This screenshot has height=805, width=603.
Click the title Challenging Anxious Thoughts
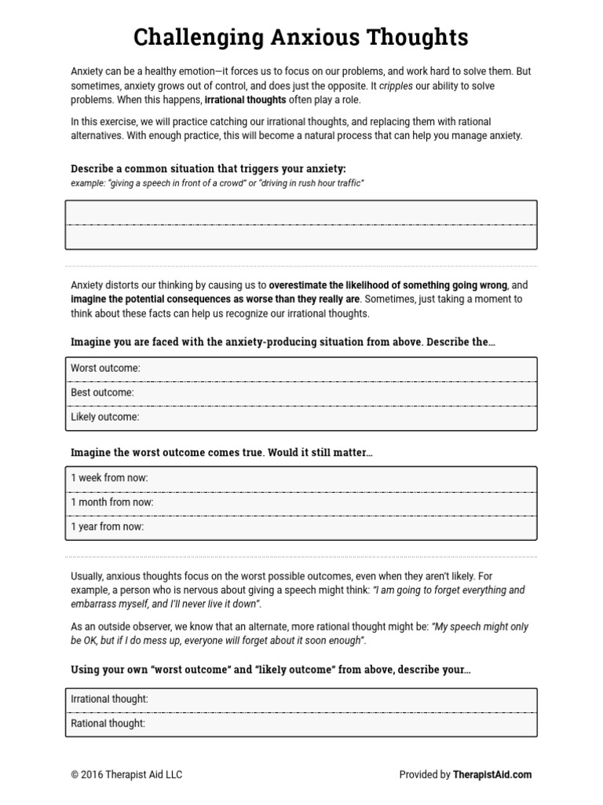point(301,36)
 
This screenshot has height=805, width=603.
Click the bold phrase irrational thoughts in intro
point(245,101)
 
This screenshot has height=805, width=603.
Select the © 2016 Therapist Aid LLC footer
point(126,774)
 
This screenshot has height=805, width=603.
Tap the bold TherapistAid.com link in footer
point(492,774)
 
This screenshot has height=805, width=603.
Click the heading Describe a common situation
point(208,169)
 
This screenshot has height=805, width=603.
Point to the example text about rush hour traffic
point(217,183)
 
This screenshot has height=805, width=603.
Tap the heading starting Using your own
point(271,670)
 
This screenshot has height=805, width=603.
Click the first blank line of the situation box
point(301,213)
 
